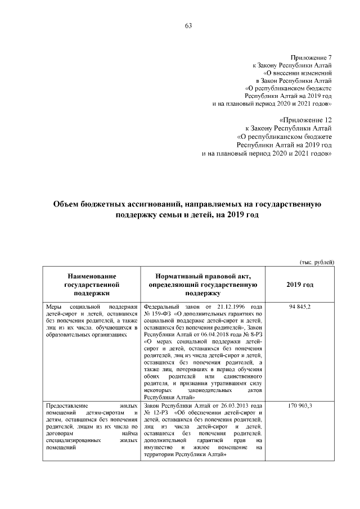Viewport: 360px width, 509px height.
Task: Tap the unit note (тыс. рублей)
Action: (x=316, y=262)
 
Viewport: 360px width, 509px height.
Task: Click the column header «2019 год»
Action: (x=300, y=285)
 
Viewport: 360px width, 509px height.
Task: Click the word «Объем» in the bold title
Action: (x=67, y=206)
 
